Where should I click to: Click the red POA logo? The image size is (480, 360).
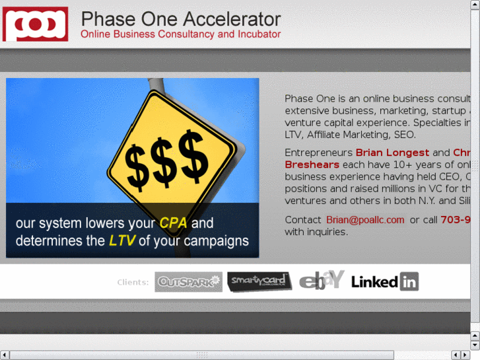point(36,24)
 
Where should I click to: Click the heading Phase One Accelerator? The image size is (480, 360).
point(180,19)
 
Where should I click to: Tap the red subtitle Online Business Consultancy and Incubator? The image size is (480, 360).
point(180,34)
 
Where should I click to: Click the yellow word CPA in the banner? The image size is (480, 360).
point(174,223)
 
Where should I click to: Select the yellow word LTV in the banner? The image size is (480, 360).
point(122,241)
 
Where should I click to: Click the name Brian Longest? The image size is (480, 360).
point(392,153)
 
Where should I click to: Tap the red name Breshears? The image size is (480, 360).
point(312,164)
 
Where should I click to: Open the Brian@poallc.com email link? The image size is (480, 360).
point(365,220)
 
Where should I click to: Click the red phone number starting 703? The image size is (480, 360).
point(456,220)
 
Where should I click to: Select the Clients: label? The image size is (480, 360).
point(133,283)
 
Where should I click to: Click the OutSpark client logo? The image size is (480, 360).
point(188,282)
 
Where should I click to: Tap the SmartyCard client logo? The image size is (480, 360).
point(259,282)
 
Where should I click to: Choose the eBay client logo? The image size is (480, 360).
point(322,280)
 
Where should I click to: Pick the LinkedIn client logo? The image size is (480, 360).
point(384,282)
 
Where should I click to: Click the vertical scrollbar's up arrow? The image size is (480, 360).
point(475,5)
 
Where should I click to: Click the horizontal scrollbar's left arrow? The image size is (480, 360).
point(5,355)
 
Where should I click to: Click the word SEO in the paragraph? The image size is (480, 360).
point(405,135)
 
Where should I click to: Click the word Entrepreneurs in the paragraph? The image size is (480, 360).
point(318,153)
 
